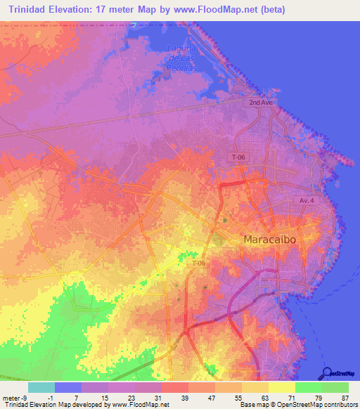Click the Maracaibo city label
coord(278,240)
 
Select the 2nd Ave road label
coord(259,103)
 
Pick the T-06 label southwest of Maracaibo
coord(199,263)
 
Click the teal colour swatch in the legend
coord(41,387)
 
